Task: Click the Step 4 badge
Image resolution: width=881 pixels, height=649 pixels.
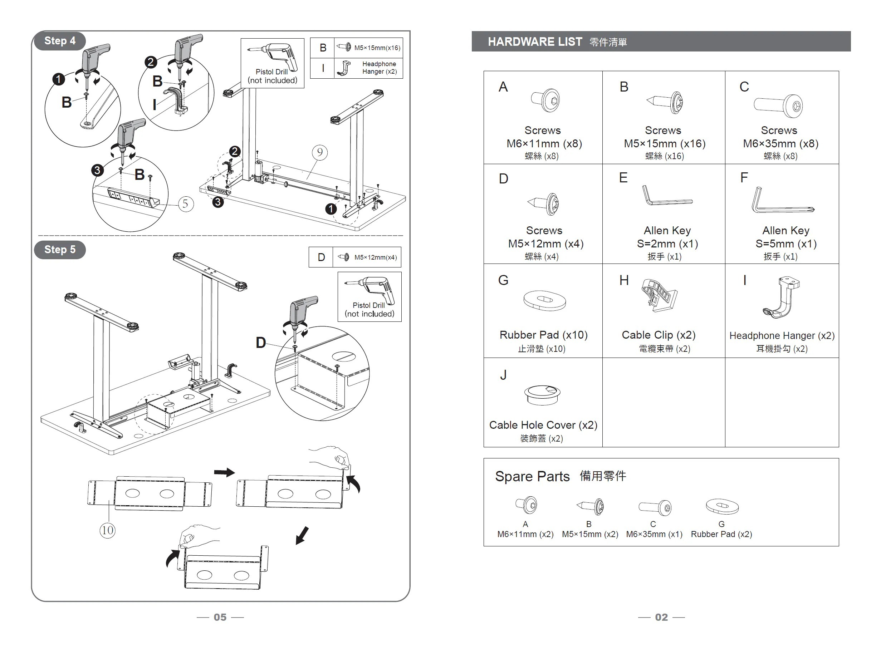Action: tap(60, 41)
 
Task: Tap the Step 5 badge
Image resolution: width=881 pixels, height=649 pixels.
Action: tap(60, 250)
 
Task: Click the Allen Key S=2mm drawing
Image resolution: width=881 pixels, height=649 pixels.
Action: tap(666, 196)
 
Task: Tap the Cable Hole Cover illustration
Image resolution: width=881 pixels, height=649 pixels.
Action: tap(542, 394)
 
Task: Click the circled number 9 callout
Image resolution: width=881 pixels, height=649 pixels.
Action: tap(320, 152)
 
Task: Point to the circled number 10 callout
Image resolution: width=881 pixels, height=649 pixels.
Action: tap(107, 530)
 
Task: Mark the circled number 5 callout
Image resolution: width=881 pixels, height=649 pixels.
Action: tap(186, 204)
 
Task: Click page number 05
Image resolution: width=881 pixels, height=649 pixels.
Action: tap(220, 617)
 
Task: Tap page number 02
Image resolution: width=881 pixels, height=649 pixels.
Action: tap(661, 617)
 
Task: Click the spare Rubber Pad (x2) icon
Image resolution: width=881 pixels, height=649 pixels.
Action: tap(722, 506)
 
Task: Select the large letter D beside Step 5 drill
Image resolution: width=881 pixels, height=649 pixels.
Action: tap(261, 343)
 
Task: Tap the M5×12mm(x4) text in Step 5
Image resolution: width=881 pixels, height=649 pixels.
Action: tap(375, 257)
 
